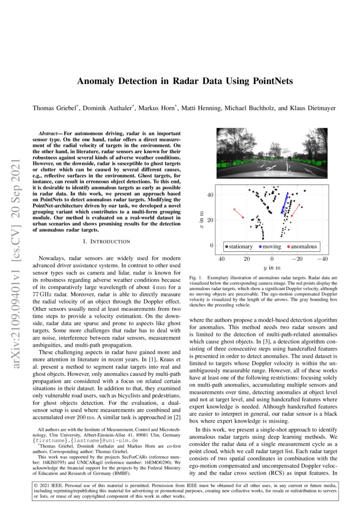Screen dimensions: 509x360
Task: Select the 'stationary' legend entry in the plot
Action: click(x=239, y=246)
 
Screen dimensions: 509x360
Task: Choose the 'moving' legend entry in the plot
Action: click(x=271, y=246)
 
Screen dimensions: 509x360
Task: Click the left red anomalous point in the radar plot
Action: click(x=242, y=218)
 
